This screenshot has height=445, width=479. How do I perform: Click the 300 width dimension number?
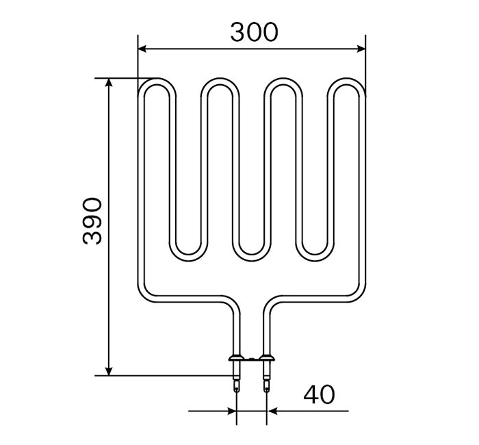pos(253,31)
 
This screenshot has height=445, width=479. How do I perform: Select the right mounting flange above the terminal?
pos(267,357)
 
